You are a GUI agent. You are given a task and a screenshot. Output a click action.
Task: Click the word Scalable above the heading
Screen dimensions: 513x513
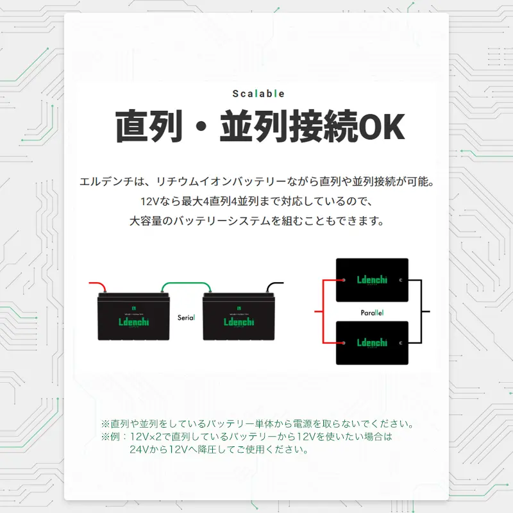(258, 94)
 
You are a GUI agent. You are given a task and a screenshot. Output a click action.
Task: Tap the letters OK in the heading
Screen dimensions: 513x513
(382, 126)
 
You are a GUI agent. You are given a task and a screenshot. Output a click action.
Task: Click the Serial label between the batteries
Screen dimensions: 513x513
(186, 317)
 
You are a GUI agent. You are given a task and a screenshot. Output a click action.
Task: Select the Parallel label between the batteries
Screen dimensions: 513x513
(372, 313)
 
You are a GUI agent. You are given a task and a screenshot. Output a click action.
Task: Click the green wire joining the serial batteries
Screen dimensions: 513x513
(186, 283)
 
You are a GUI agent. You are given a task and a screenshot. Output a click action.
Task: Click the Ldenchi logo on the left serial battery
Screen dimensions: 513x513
(133, 322)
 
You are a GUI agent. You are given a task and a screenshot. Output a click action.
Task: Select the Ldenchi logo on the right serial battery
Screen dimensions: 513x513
(239, 322)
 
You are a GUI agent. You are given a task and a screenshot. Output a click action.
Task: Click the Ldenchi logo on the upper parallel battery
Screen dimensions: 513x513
(372, 280)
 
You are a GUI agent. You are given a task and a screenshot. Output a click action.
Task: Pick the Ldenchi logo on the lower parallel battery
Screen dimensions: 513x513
(372, 342)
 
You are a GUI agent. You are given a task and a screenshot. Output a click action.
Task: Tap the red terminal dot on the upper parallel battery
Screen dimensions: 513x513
(344, 280)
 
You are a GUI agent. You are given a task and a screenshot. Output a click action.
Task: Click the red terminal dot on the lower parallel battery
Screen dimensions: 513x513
(344, 343)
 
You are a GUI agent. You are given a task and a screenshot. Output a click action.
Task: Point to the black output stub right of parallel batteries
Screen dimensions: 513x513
(426, 312)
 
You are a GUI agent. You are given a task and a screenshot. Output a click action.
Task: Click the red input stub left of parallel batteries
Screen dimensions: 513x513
(318, 312)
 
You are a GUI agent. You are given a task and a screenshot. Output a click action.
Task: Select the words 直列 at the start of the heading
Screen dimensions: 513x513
(149, 126)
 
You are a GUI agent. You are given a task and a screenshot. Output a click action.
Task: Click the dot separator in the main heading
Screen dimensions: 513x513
(201, 126)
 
